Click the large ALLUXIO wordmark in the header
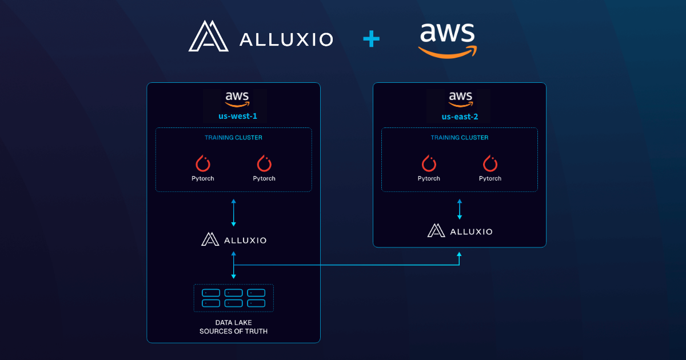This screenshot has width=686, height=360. tap(286, 39)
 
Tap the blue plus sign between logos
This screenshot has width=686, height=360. tap(371, 39)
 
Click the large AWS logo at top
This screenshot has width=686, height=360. tap(447, 40)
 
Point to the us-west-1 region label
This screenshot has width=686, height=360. tap(233, 116)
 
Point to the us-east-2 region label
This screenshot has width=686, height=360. tap(460, 116)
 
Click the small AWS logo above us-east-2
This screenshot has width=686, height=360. tap(460, 99)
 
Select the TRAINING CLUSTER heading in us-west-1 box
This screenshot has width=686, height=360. tap(233, 138)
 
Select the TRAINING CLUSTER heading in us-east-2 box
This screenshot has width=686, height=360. tap(460, 138)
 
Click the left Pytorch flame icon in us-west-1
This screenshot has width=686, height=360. tap(203, 163)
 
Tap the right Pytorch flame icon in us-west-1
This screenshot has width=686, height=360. tap(264, 163)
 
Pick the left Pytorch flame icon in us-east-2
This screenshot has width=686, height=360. tap(429, 163)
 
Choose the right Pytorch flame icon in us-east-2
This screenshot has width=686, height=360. tap(490, 163)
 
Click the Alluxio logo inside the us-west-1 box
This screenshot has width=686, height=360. tap(233, 239)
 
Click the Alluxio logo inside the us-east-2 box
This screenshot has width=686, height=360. tap(460, 230)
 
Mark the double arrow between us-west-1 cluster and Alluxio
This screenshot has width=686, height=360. tap(233, 213)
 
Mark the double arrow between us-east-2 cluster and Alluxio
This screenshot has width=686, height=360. tap(460, 209)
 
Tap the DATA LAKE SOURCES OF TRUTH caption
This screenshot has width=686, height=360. tap(233, 327)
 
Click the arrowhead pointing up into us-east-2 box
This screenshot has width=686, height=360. tap(460, 254)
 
